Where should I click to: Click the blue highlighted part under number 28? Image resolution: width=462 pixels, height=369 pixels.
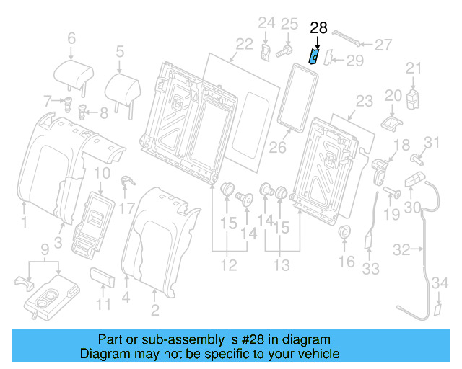pos(315,55)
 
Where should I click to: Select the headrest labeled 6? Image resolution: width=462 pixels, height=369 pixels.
pos(73,72)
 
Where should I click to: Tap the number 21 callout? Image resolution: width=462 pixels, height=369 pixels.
pos(412,68)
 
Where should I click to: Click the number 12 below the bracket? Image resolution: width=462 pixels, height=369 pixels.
pos(228,266)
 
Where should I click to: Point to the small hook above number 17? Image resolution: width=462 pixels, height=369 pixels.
pos(125,181)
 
